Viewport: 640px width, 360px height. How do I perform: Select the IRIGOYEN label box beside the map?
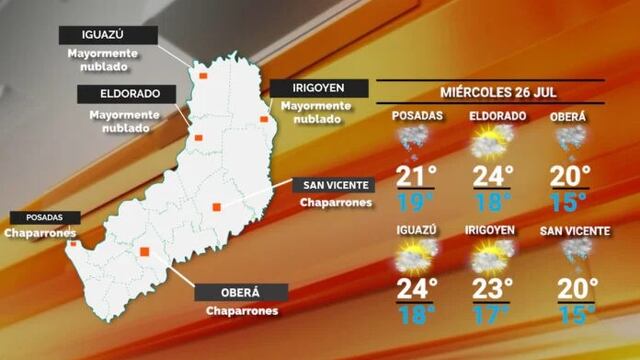pyautogui.click(x=311, y=88)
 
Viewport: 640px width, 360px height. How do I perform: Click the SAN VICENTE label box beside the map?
pyautogui.click(x=333, y=185)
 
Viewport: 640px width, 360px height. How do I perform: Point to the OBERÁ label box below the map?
pyautogui.click(x=240, y=292)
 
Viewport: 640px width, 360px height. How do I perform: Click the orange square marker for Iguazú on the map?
pyautogui.click(x=203, y=75)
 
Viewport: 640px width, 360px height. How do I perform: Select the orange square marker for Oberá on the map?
pyautogui.click(x=145, y=252)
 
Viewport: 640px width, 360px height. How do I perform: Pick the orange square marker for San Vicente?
pyautogui.click(x=216, y=207)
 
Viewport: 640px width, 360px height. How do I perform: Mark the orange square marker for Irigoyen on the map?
pyautogui.click(x=264, y=120)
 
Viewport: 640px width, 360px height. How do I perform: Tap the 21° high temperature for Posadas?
pyautogui.click(x=418, y=177)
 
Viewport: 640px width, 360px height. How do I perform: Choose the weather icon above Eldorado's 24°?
pyautogui.click(x=491, y=146)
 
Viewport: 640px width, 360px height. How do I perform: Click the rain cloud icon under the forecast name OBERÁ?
pyautogui.click(x=569, y=143)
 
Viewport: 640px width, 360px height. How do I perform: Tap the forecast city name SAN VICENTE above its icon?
pyautogui.click(x=574, y=231)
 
